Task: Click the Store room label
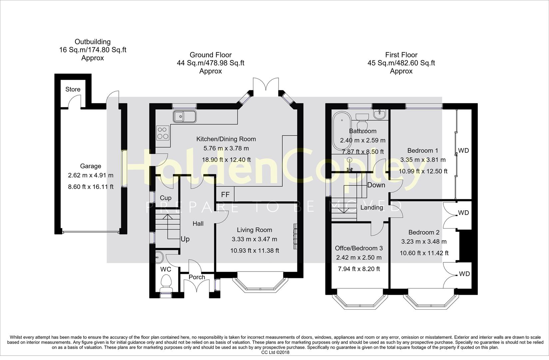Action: coord(73,89)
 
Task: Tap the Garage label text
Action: coord(90,166)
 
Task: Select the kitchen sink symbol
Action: coord(184,117)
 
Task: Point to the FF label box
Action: coord(225,195)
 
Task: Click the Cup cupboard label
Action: coord(166,198)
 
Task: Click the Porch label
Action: coord(197,277)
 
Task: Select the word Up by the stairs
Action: coord(185,239)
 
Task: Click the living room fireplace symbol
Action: coord(295,236)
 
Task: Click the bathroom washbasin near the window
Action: coord(379,115)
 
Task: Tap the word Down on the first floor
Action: coord(376,185)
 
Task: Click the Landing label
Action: coord(372,207)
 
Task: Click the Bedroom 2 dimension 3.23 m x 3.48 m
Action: coord(423,242)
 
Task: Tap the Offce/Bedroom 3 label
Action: coord(359,248)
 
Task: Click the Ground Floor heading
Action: coord(211,55)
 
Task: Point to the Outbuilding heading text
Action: coord(92,42)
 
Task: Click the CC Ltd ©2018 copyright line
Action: coord(275,352)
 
